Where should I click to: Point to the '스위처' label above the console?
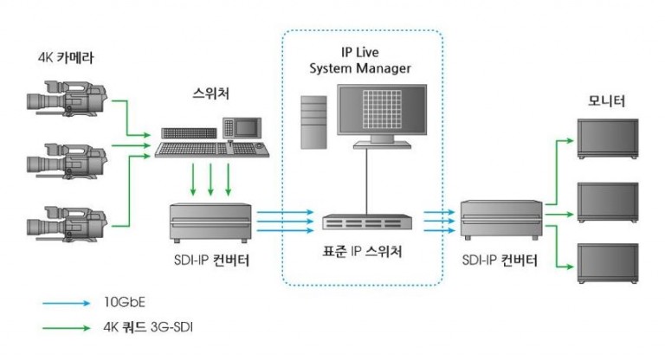(x=213, y=92)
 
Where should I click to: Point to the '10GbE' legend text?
(x=123, y=304)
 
